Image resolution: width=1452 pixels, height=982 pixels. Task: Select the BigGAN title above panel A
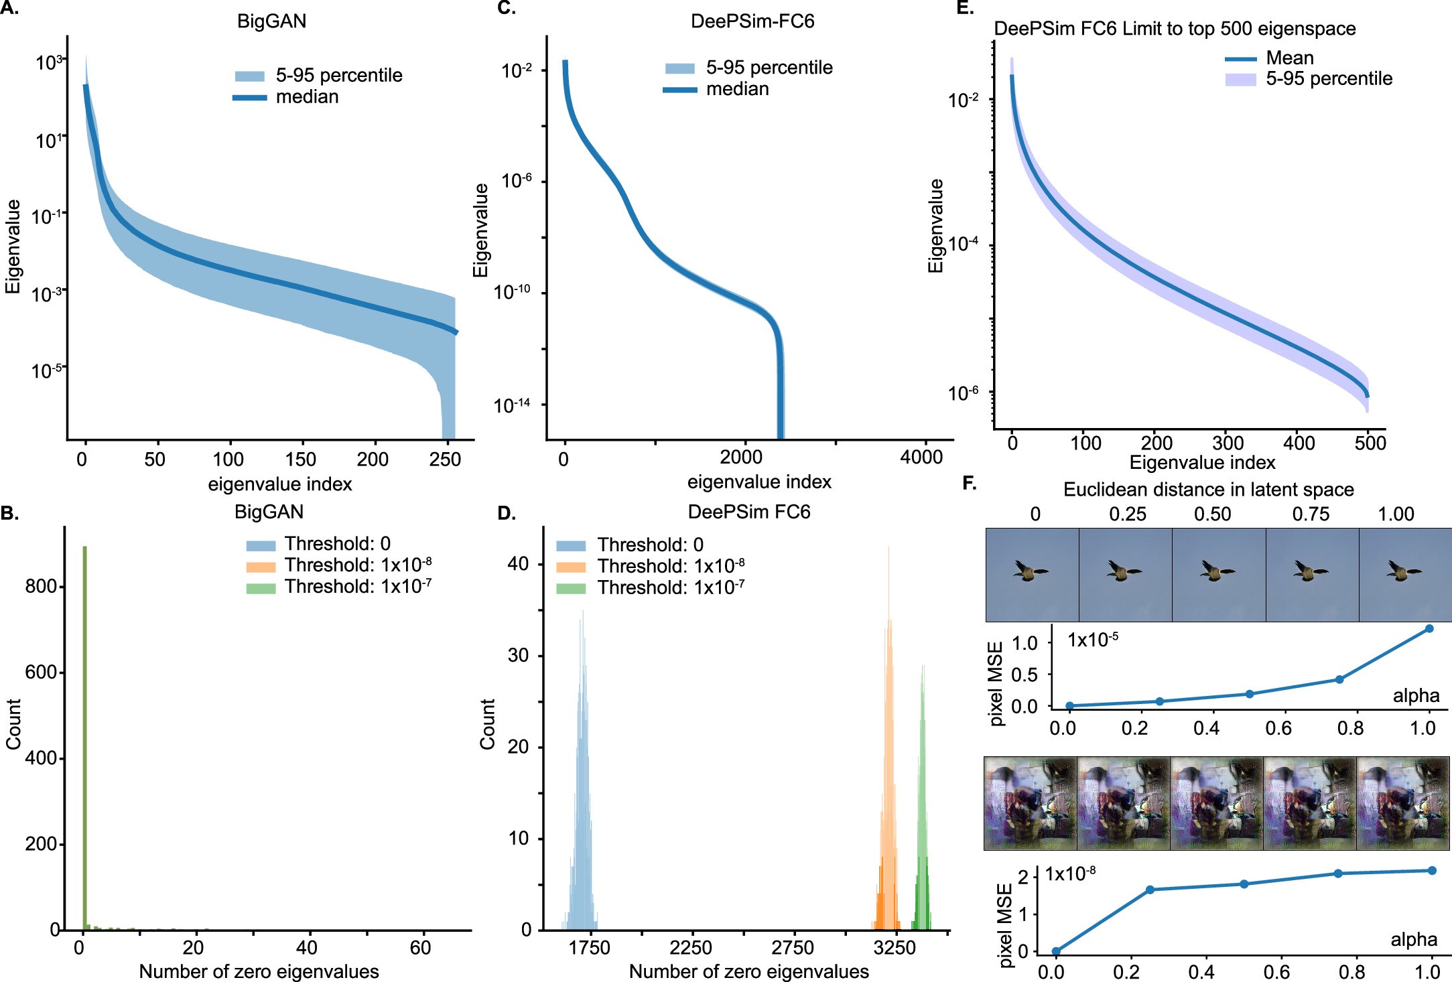coord(271,21)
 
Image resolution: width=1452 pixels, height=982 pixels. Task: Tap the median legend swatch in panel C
coord(679,90)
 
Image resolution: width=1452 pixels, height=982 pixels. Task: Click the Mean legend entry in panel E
coord(1289,58)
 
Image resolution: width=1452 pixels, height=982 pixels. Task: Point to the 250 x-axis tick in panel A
coord(445,460)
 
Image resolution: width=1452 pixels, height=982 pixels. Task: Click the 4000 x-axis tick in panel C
coord(921,458)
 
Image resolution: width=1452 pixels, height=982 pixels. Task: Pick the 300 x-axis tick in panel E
coord(1227,443)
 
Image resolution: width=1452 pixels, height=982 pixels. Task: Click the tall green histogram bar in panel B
coord(84,737)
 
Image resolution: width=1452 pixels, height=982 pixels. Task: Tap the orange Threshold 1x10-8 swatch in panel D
coord(571,567)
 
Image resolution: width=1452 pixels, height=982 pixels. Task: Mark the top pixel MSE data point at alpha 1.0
coord(1429,628)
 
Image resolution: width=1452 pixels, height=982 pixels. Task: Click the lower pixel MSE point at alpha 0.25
coord(1150,890)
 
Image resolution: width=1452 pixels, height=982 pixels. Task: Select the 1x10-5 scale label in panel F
coord(1092,640)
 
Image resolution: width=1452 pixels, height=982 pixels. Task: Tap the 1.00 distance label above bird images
coord(1396,514)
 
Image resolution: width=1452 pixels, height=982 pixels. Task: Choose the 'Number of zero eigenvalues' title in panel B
coord(259,971)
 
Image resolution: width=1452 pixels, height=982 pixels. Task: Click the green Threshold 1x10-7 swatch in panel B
coord(261,588)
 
